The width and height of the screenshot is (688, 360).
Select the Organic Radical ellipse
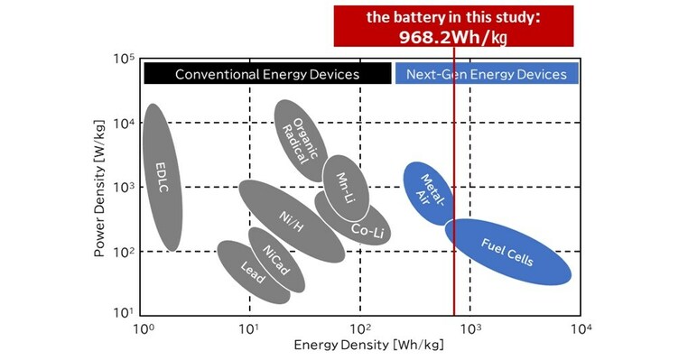[302, 140]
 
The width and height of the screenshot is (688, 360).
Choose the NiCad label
[274, 261]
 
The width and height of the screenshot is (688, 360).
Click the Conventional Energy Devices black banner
[266, 74]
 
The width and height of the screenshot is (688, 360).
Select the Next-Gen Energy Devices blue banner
[486, 74]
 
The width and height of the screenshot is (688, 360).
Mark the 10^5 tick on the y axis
[123, 60]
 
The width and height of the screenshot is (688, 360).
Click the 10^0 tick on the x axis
[141, 329]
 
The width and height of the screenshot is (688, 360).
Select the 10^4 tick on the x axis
[579, 329]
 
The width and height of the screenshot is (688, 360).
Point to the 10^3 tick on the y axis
[123, 187]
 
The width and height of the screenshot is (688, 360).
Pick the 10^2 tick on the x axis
[360, 329]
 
